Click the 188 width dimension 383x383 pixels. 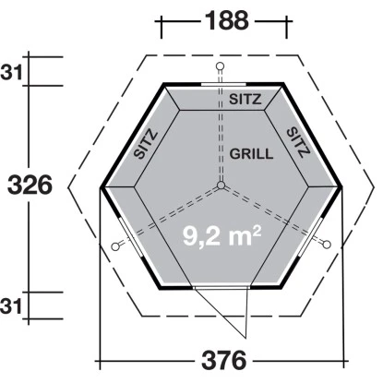tap(227, 20)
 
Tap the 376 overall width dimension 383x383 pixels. tap(224, 360)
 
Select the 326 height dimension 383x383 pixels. tap(30, 186)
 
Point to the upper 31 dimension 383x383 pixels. tap(11, 73)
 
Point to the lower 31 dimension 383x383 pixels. tap(11, 306)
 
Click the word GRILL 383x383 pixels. tap(251, 154)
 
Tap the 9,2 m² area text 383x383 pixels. tap(222, 235)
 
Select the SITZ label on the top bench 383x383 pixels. tap(245, 99)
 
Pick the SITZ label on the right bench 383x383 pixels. tap(298, 142)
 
